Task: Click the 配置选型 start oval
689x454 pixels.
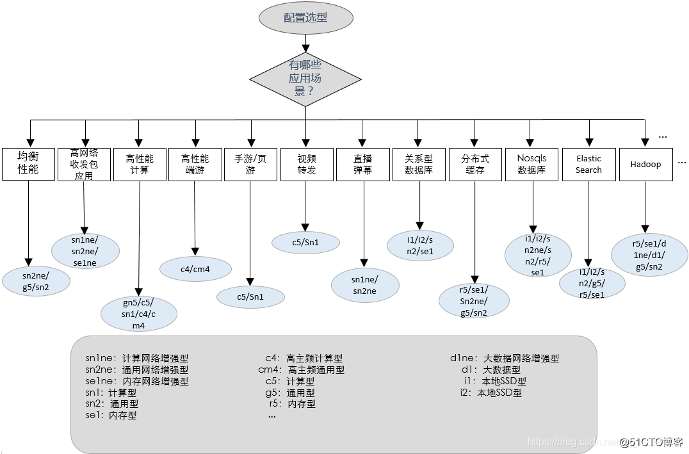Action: (x=305, y=18)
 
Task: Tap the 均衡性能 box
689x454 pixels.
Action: (x=28, y=164)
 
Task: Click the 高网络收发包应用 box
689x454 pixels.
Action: (x=84, y=164)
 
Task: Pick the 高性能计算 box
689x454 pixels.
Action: (x=140, y=164)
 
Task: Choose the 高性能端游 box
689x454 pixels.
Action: (x=195, y=164)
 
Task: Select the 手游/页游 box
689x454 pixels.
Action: (x=250, y=164)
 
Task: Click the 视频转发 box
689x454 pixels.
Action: (x=307, y=164)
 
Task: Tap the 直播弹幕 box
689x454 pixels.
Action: (x=362, y=164)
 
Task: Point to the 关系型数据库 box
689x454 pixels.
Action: (x=419, y=164)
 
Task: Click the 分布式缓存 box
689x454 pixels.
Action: (x=474, y=164)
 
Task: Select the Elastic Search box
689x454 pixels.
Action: (x=588, y=164)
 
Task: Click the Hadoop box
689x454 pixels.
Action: (x=645, y=164)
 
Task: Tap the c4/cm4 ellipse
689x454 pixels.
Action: (x=195, y=269)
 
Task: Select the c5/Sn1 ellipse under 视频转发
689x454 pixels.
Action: (x=305, y=242)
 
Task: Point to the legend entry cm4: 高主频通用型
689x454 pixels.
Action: (x=301, y=369)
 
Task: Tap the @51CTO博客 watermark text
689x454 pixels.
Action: (x=651, y=442)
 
